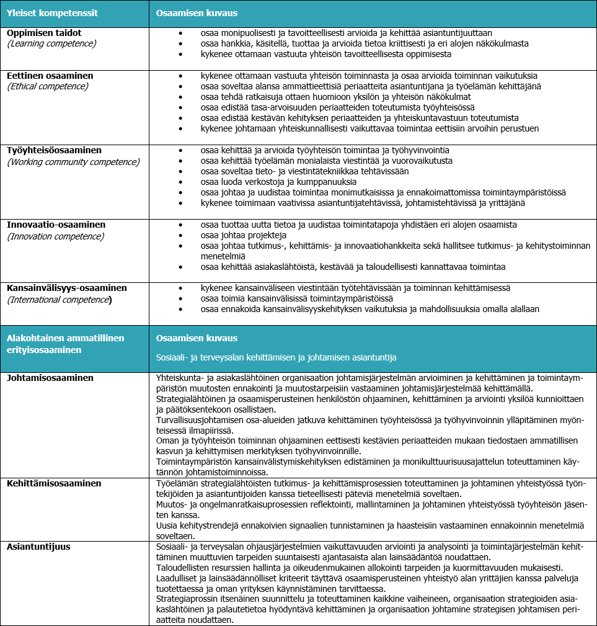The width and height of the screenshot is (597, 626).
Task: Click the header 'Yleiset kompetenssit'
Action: (x=52, y=12)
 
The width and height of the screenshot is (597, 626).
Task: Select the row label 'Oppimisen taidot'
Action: (x=44, y=33)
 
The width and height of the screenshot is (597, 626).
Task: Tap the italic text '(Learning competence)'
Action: (x=51, y=43)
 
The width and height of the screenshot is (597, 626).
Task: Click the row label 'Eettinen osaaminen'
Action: (x=50, y=76)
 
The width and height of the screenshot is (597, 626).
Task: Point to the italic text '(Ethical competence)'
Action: (x=48, y=86)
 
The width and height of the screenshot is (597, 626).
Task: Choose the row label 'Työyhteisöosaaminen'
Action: (x=54, y=150)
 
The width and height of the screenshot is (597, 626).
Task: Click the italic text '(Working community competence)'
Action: (x=73, y=162)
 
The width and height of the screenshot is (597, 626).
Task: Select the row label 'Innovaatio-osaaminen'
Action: (x=56, y=225)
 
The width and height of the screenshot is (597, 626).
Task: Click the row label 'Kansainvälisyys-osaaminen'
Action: (x=67, y=288)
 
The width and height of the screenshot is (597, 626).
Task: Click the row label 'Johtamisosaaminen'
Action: (x=50, y=377)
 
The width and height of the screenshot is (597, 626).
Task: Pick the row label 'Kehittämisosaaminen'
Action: (x=54, y=483)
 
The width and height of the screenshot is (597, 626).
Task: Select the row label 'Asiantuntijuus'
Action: (x=38, y=547)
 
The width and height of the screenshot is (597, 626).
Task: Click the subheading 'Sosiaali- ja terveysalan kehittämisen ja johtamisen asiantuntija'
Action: (x=276, y=357)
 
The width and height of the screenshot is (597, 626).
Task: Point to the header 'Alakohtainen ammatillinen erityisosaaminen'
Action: (x=66, y=343)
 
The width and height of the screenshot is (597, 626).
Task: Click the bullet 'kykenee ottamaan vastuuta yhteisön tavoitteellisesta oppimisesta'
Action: (x=326, y=54)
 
